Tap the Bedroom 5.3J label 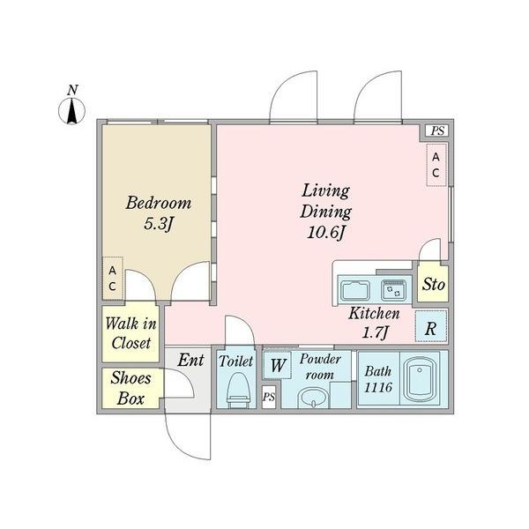click(x=159, y=212)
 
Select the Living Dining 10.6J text click(x=325, y=212)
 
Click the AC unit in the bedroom click(x=113, y=279)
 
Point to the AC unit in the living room click(x=436, y=165)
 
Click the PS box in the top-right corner click(x=437, y=130)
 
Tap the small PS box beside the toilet click(x=269, y=397)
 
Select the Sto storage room click(x=433, y=284)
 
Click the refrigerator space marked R click(x=431, y=326)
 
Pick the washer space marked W click(x=278, y=365)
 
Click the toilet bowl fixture click(x=239, y=388)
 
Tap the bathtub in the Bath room click(x=420, y=379)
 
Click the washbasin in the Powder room click(x=313, y=399)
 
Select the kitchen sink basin click(x=354, y=290)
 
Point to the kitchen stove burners click(x=394, y=289)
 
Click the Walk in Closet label click(x=130, y=333)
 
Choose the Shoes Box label click(x=130, y=388)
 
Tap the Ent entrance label click(x=191, y=360)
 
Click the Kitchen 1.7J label click(x=374, y=323)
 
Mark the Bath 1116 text click(x=378, y=379)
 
